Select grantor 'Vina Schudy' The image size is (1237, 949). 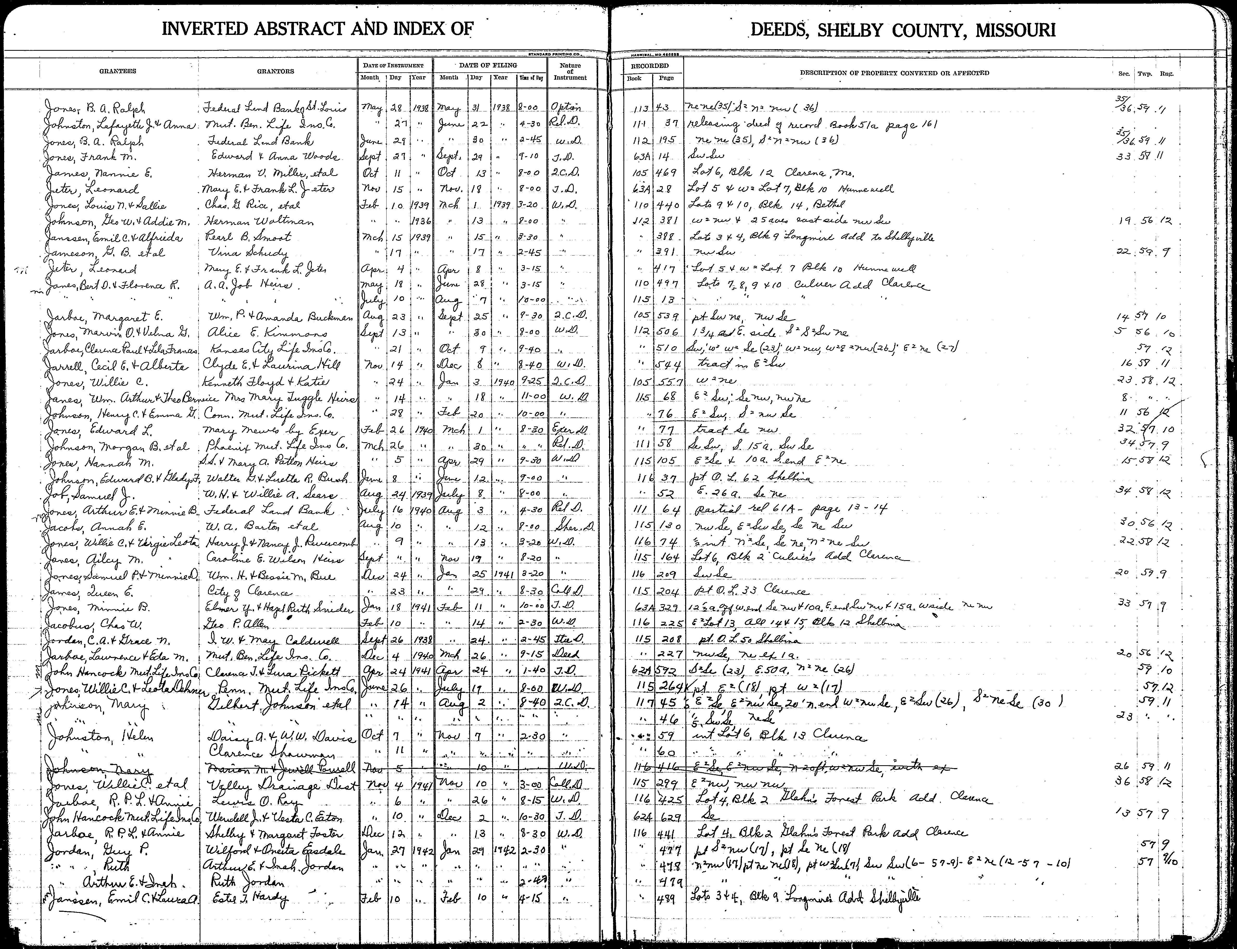[x=249, y=252]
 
